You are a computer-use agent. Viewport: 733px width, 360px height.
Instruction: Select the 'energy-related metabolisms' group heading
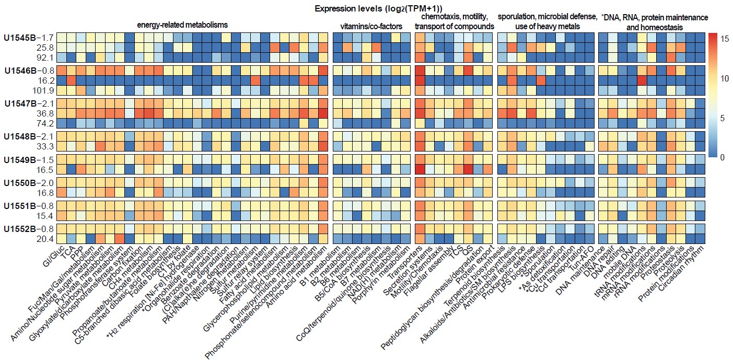pyautogui.click(x=182, y=25)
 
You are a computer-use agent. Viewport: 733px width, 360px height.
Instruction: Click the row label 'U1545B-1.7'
pyautogui.click(x=29, y=38)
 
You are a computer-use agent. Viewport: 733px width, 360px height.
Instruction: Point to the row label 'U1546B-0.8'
pyautogui.click(x=29, y=70)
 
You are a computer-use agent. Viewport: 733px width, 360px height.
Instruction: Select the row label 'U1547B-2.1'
pyautogui.click(x=29, y=103)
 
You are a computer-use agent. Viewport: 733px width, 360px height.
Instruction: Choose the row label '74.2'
pyautogui.click(x=44, y=123)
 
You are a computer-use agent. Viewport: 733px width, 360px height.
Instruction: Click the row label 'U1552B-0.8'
pyautogui.click(x=29, y=229)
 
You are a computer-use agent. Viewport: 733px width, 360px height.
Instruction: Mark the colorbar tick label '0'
pyautogui.click(x=724, y=157)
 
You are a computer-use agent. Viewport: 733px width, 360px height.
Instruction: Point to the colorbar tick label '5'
pyautogui.click(x=724, y=119)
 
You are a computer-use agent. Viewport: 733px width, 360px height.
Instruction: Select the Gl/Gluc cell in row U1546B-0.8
pyautogui.click(x=61, y=70)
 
